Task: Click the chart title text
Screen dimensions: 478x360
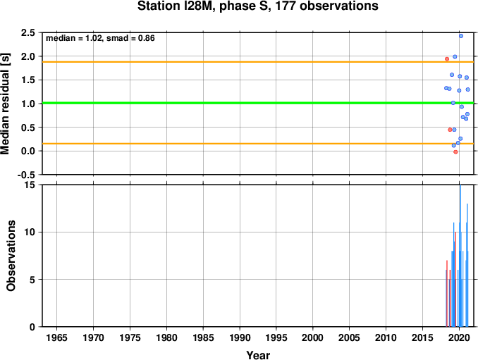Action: (x=257, y=6)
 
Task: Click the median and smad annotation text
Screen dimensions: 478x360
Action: (x=100, y=38)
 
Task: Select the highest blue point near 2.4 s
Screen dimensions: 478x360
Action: (x=461, y=36)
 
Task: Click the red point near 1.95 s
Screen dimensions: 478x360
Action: (x=447, y=58)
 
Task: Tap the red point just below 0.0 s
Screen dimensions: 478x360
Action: (x=455, y=152)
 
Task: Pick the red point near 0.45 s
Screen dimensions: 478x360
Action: (x=450, y=130)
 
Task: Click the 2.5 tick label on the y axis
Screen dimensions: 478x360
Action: (x=27, y=32)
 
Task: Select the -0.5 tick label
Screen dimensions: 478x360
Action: (x=26, y=175)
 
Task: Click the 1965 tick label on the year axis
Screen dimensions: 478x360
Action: (x=56, y=337)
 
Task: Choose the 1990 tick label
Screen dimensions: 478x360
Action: (x=240, y=337)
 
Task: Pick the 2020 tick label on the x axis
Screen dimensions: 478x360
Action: (x=459, y=337)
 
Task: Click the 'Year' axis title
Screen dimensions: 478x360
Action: (x=258, y=355)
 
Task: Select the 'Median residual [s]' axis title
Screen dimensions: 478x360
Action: (x=6, y=104)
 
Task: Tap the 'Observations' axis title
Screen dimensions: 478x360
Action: (x=11, y=256)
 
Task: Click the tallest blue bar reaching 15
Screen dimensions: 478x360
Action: (x=460, y=256)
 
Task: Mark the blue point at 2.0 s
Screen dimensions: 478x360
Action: (x=455, y=56)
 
